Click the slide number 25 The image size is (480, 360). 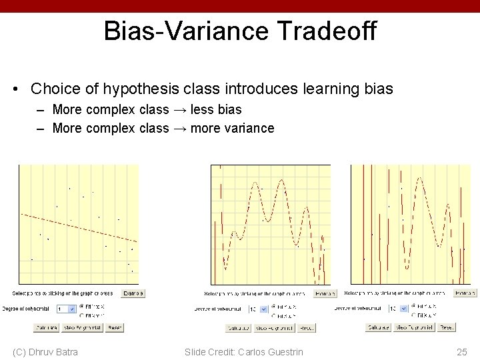pos(461,352)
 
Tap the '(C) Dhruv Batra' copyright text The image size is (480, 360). pos(45,352)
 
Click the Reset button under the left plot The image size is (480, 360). pos(114,327)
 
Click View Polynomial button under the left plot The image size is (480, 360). pos(83,327)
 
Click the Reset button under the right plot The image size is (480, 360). pos(447,327)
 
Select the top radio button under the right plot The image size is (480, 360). pos(414,306)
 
